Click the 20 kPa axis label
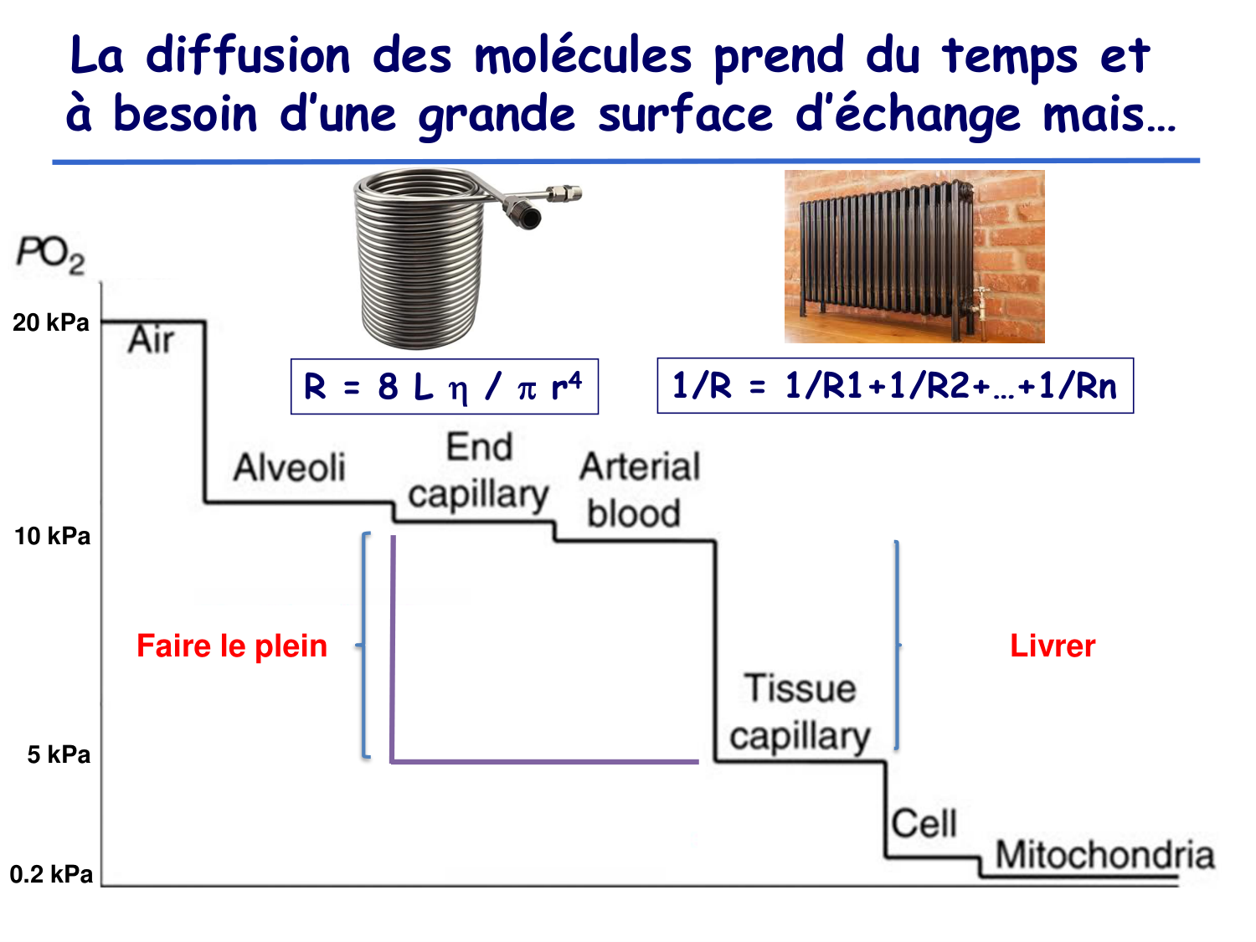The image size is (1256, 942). coord(51,322)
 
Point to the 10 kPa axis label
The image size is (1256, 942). coord(52,536)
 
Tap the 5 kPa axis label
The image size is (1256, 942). coord(59,754)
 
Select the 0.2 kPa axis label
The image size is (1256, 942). coord(51,874)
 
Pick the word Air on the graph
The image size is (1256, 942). coord(151,341)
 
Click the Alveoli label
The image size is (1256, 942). coord(289,467)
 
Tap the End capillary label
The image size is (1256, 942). coord(478,471)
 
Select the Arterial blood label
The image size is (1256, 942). coord(639,490)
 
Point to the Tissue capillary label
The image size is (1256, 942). coord(800,713)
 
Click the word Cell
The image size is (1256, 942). coord(924,824)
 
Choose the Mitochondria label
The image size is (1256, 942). coord(1104,855)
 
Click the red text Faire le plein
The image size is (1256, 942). coord(232,646)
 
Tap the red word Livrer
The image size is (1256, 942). coord(1053,646)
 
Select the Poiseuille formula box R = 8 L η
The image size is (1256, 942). coord(444,386)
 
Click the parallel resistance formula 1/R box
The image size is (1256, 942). coord(894,386)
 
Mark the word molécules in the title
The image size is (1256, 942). coord(583,57)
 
